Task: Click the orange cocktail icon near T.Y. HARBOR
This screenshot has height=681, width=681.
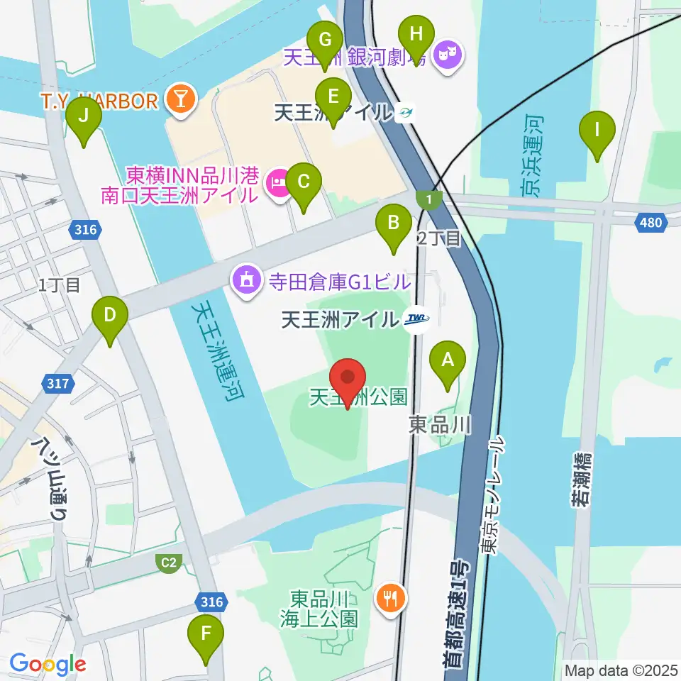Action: click(180, 100)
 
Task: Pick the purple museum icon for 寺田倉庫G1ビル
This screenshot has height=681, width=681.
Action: click(246, 281)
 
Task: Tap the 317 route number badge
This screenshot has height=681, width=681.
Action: click(60, 384)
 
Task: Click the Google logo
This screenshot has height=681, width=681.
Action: click(48, 665)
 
